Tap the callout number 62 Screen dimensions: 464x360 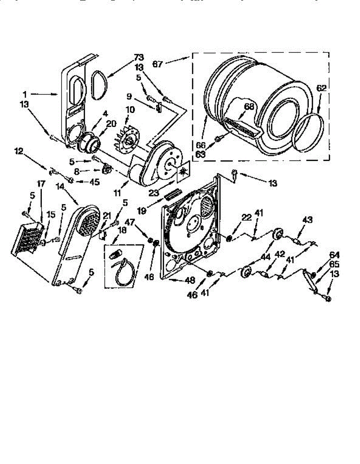pyautogui.click(x=321, y=88)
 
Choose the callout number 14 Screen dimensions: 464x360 pyautogui.click(x=60, y=186)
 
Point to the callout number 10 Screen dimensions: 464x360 pyautogui.click(x=130, y=110)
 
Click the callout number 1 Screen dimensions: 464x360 pyautogui.click(x=24, y=94)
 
